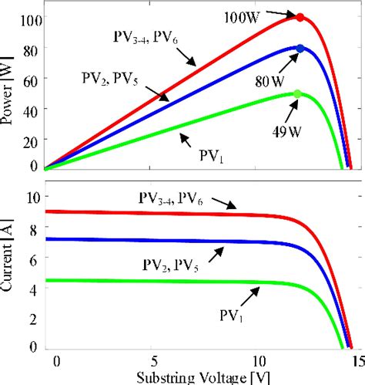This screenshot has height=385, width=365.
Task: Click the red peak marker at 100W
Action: point(300,17)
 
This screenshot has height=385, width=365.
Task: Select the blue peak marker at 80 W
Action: point(300,49)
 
